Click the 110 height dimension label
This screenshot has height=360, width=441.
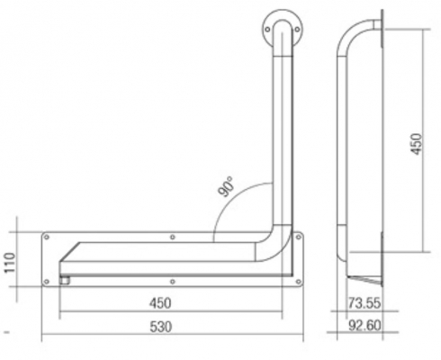[x=11, y=263]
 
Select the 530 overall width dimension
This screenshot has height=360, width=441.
[x=161, y=327]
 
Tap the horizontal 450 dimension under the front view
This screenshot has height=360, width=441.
[x=160, y=303]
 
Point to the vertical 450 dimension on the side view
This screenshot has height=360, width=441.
[x=417, y=144]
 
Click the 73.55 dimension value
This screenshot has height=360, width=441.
[x=364, y=302]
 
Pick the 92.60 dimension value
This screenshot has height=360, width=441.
[x=364, y=325]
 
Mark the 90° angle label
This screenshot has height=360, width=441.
[x=226, y=186]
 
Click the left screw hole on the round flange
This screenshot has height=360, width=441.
[x=267, y=30]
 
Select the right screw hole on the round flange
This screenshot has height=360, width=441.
[x=297, y=30]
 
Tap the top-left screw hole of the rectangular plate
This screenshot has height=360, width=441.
[x=47, y=238]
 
